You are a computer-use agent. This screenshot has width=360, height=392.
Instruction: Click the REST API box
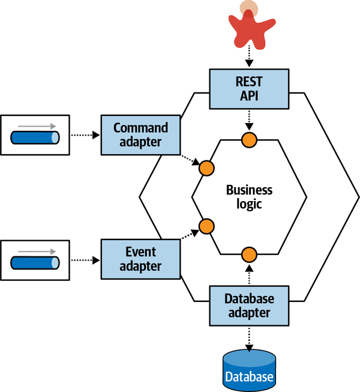pos(249,89)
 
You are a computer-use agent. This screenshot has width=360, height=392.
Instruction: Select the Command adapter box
pos(140,135)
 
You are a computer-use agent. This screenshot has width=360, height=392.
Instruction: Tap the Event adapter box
pos(140,258)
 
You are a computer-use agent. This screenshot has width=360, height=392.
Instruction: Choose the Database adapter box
pos(249,305)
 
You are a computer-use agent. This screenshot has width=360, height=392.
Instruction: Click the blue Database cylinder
pos(249,370)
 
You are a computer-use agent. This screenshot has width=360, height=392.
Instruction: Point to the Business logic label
pos(249,197)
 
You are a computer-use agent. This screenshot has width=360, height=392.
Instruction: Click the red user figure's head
pos(248,9)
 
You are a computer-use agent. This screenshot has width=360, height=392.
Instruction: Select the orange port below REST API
pos(249,140)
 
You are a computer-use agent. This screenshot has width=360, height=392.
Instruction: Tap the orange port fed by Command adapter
pos(206,169)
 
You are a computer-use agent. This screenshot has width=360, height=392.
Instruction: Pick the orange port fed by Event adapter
pos(206,226)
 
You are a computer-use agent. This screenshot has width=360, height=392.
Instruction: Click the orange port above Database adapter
pos(249,255)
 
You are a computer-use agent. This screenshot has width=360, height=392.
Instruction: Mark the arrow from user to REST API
pos(249,58)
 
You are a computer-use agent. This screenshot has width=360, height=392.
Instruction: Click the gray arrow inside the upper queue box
pos(36,126)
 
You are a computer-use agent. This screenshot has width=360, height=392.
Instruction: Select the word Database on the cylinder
pos(249,378)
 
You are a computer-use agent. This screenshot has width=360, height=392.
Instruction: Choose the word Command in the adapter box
pos(140,128)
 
